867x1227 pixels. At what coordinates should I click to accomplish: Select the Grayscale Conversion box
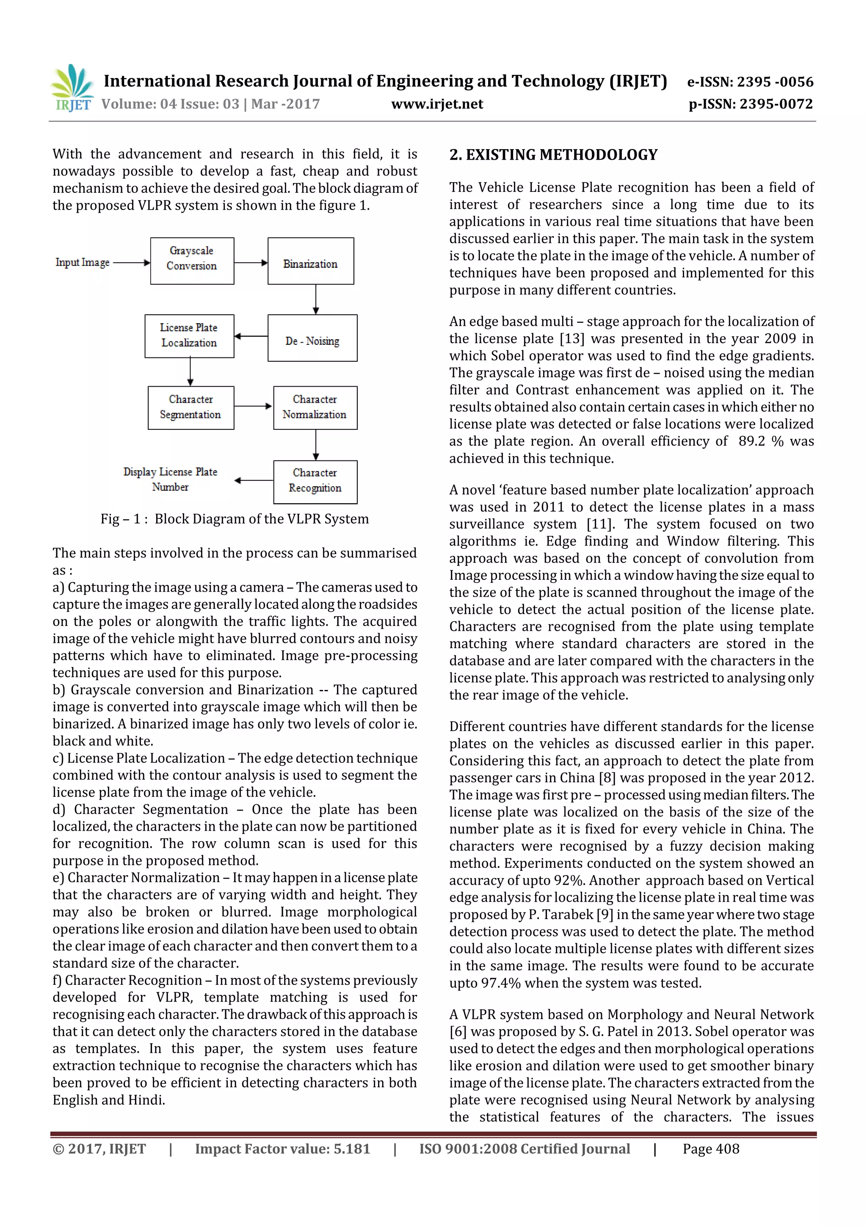192,261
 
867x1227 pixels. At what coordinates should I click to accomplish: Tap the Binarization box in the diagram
310,261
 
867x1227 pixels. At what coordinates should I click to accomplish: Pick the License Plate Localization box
189,335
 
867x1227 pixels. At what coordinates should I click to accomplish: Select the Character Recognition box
315,482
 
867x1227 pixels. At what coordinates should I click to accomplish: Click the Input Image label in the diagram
82,263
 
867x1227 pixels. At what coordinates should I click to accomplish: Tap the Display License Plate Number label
171,479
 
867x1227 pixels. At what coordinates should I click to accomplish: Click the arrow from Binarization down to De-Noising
316,299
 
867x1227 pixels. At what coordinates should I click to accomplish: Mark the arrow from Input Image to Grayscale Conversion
131,263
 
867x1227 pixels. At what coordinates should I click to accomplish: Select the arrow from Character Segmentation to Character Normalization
253,406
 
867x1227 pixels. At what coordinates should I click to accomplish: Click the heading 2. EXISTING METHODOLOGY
553,155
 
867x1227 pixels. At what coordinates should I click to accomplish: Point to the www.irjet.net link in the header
437,104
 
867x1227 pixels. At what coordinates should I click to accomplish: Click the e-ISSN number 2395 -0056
775,82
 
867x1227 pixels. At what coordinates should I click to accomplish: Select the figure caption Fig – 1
235,519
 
